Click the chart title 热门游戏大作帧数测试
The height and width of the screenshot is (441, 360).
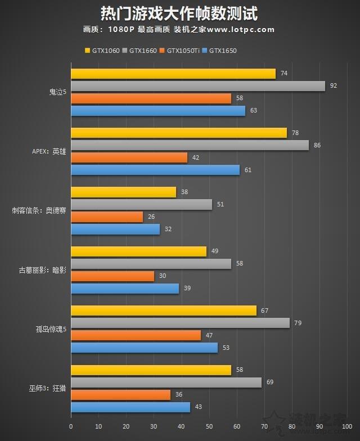pyautogui.click(x=179, y=13)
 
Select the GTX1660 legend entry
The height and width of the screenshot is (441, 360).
pyautogui.click(x=143, y=51)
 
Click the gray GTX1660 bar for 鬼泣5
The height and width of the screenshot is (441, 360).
pyautogui.click(x=198, y=86)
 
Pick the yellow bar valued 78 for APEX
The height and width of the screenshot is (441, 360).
pyautogui.click(x=179, y=133)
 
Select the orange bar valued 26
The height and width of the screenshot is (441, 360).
pyautogui.click(x=107, y=217)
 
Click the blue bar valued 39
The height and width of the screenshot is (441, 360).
pyautogui.click(x=125, y=288)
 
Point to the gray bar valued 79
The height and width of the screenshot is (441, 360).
pyautogui.click(x=180, y=323)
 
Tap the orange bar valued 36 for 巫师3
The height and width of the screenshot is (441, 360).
pyautogui.click(x=120, y=395)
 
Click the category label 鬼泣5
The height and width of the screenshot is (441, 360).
pyautogui.click(x=57, y=92)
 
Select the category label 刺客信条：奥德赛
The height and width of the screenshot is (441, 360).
pyautogui.click(x=40, y=211)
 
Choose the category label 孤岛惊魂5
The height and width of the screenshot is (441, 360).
pyautogui.click(x=51, y=329)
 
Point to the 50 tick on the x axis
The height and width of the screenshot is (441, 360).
pyautogui.click(x=209, y=426)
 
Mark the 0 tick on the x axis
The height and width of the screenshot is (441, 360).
pyautogui.click(x=71, y=426)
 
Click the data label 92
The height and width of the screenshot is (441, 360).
pyautogui.click(x=334, y=86)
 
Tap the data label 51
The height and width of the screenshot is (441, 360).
pyautogui.click(x=220, y=204)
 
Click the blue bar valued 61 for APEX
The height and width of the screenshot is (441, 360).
pyautogui.click(x=155, y=169)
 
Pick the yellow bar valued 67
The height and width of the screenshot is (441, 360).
pyautogui.click(x=164, y=310)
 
